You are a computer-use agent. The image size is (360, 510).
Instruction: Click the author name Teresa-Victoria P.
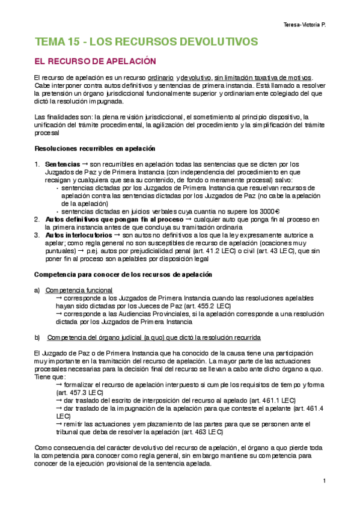(308, 25)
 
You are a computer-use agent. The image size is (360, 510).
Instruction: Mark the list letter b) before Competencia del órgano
(37, 336)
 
